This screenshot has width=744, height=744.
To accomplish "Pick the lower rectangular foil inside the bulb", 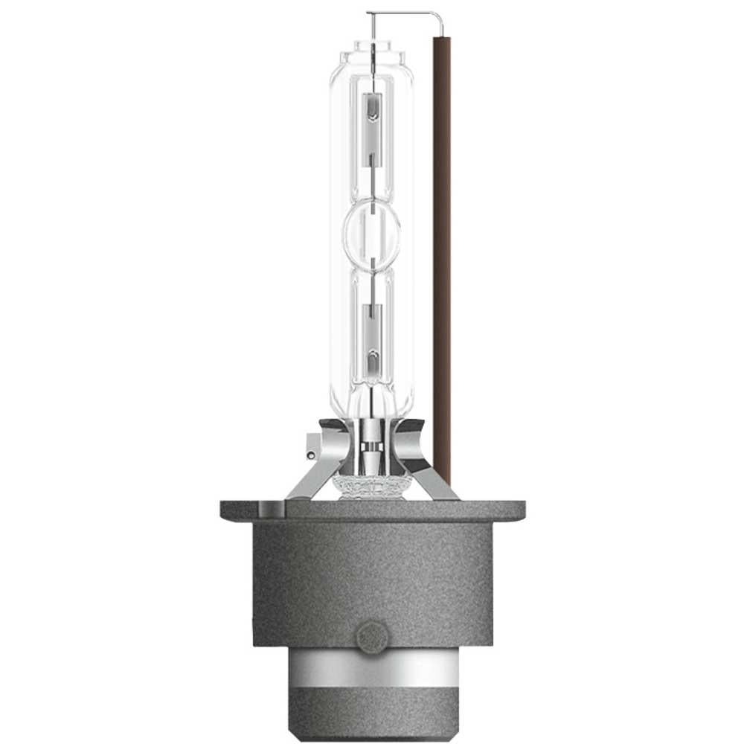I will click(371, 335).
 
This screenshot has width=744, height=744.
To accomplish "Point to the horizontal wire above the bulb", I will click(402, 13).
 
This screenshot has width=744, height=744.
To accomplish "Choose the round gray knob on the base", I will click(371, 635).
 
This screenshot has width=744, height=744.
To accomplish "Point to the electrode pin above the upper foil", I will click(371, 82).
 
